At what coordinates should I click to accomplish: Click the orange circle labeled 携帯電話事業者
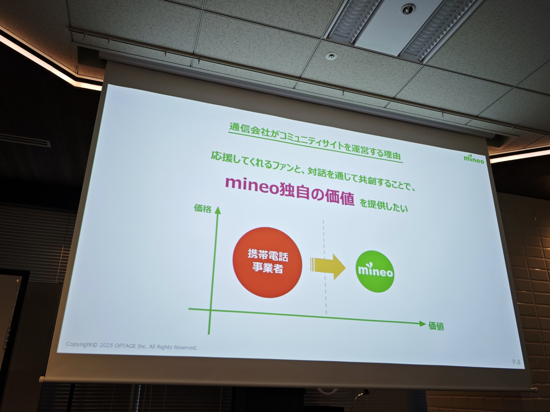click(267, 262)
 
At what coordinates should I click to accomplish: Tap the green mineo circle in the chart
click(375, 271)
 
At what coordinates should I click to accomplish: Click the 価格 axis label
click(203, 208)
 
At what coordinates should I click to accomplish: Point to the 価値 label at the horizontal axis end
click(436, 326)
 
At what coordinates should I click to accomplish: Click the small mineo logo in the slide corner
click(474, 159)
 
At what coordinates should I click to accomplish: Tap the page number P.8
click(516, 362)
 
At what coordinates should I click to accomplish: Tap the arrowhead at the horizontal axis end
click(422, 324)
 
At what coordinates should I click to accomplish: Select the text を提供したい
click(384, 205)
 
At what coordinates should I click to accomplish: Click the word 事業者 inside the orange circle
click(267, 268)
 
